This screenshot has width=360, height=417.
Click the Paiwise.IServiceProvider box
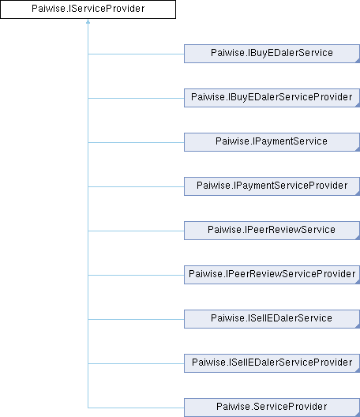tap(88, 9)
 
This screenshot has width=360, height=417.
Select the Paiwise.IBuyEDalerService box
tap(272, 54)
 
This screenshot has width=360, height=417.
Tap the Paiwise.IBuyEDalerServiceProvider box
tap(272, 98)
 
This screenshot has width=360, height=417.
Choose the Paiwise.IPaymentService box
tap(272, 142)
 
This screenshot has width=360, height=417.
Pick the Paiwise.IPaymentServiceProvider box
tap(272, 186)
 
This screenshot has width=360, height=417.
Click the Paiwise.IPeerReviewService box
tap(272, 231)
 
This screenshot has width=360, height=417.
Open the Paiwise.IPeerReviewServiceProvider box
tap(272, 275)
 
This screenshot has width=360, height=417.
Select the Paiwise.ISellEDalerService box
tap(272, 319)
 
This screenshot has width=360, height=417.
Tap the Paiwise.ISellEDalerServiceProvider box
tap(272, 363)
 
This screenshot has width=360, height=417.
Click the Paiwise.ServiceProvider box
tap(272, 408)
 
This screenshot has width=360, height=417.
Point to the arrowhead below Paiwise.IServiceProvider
tap(88, 21)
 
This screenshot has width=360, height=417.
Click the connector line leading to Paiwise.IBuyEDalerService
tap(136, 54)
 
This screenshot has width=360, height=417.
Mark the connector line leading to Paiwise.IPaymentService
tap(136, 142)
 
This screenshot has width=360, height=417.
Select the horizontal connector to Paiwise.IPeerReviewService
tap(136, 231)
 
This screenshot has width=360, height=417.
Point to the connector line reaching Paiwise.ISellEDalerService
tap(136, 319)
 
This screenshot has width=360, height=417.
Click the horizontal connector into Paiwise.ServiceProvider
tap(136, 408)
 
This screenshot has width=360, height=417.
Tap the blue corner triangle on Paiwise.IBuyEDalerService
tap(358, 61)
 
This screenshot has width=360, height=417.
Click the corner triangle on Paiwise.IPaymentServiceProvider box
tap(358, 193)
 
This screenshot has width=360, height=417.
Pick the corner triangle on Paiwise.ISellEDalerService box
tap(358, 326)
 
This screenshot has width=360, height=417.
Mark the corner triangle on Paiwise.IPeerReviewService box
tap(358, 238)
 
